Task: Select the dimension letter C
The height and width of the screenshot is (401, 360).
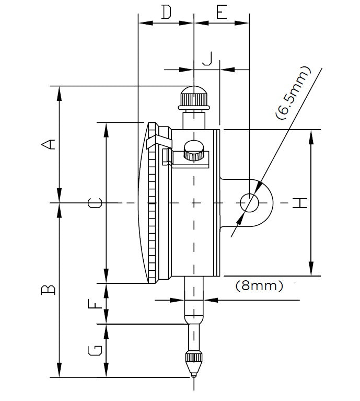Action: [94, 203]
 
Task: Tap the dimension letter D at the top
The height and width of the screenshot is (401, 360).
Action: [166, 12]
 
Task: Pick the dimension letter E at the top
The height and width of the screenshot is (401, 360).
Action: [222, 12]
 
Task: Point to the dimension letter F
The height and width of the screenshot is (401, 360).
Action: [95, 304]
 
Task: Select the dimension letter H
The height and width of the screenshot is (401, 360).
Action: [299, 203]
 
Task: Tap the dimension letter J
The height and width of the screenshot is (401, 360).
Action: [207, 59]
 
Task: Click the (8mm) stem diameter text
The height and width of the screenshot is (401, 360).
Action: [259, 286]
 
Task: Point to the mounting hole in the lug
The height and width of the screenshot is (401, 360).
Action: [249, 203]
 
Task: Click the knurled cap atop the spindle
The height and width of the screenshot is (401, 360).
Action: [194, 97]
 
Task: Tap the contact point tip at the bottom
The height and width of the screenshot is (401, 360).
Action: [194, 373]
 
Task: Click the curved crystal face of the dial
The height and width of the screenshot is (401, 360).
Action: [142, 203]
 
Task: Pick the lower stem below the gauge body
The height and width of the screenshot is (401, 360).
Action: [194, 298]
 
